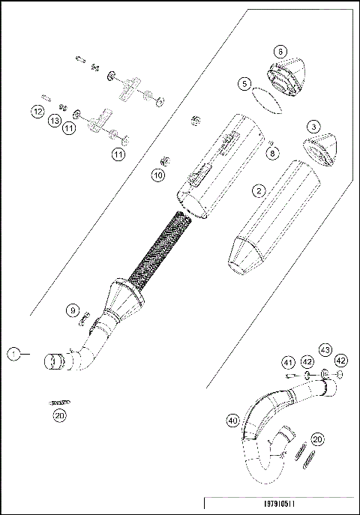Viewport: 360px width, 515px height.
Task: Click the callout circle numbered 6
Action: point(279,52)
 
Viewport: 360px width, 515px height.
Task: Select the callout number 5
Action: point(245,84)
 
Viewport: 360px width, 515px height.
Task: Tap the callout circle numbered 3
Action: point(313,127)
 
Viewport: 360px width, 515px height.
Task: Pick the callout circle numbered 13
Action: point(55,120)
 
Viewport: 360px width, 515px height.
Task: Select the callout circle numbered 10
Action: point(157,175)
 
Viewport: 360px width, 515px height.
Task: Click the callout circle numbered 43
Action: point(325,349)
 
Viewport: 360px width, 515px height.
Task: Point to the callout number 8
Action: point(271,152)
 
